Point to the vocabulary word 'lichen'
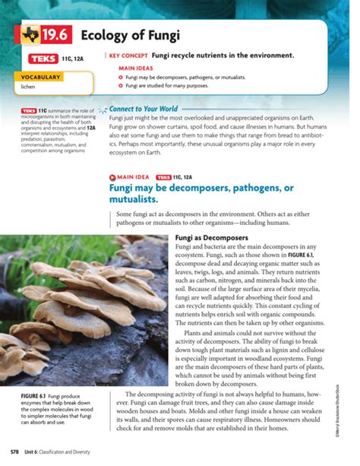(28, 87)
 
